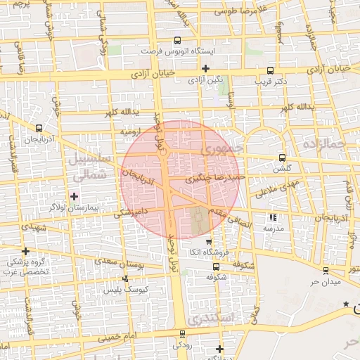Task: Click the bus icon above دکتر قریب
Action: (x=271, y=70)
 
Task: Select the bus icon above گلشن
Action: (x=282, y=157)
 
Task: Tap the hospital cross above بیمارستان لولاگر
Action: (x=75, y=195)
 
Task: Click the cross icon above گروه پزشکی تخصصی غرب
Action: (x=26, y=251)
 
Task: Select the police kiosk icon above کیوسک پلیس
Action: (x=124, y=280)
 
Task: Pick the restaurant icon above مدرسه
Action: (x=273, y=217)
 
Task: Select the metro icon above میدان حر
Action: (x=325, y=271)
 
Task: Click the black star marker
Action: (x=345, y=304)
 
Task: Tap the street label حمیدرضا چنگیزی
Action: (x=214, y=179)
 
